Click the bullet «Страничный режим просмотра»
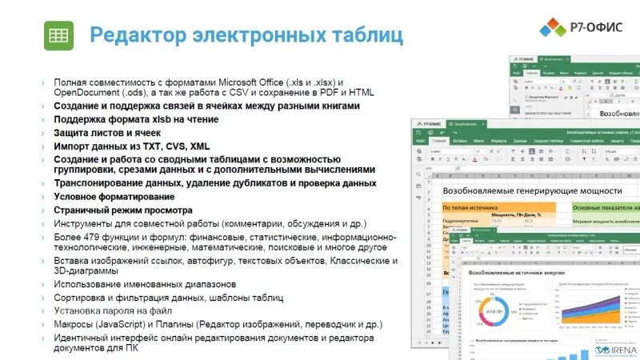(111, 210)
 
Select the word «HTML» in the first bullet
(358, 94)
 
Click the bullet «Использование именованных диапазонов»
(144, 284)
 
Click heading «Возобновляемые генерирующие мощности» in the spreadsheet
(532, 190)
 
